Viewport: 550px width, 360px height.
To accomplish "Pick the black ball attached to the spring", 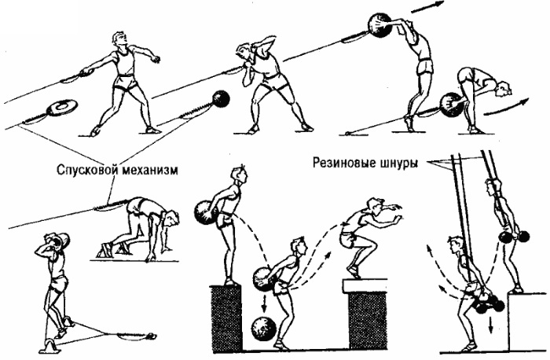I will pos(221,98).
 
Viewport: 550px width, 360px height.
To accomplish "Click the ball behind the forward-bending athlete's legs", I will pos(450,102).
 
